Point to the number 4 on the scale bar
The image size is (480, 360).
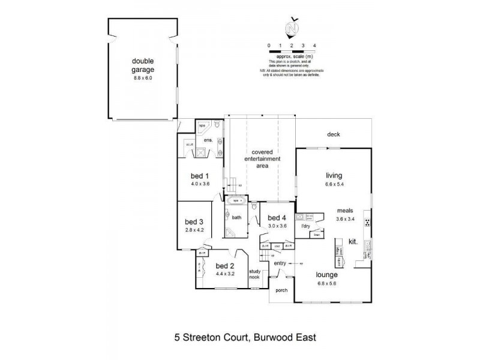pos(314,46)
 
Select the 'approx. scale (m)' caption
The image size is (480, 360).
pos(292,56)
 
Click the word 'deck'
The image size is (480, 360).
pos(334,134)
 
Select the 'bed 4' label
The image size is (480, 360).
pos(275,217)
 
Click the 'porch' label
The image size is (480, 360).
pos(281,290)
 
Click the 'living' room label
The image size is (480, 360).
pos(334,176)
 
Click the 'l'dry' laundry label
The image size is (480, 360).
pos(305,226)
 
